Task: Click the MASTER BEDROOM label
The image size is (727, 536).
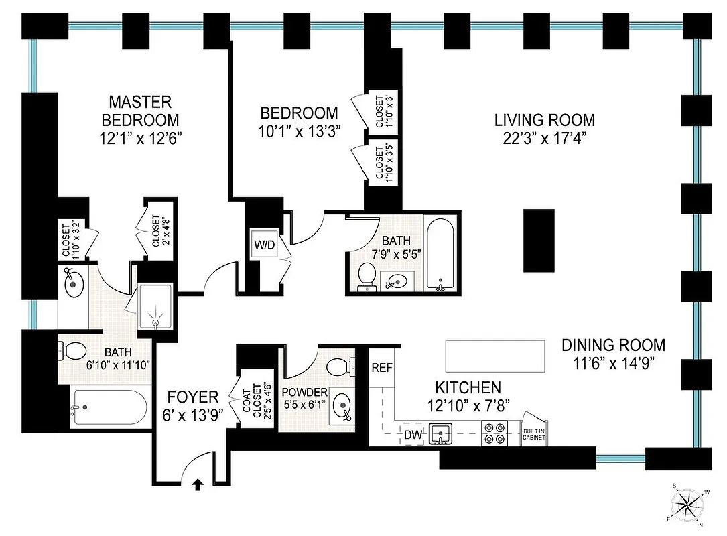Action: (140, 111)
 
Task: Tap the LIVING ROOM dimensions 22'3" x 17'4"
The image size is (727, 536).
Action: (544, 139)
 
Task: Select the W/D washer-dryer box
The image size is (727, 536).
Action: (263, 245)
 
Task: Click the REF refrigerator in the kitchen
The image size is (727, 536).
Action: (381, 367)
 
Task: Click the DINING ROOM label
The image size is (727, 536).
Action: (613, 345)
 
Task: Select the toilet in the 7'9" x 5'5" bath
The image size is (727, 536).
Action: (367, 275)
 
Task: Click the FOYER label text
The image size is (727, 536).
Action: (193, 395)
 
